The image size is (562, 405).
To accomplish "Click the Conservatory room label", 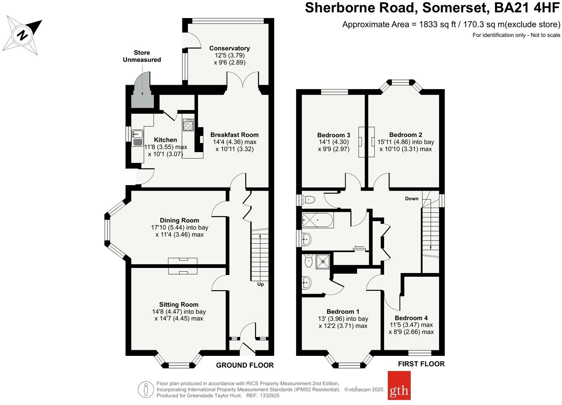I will coord(229,48).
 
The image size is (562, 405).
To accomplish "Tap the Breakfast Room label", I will coord(234,135).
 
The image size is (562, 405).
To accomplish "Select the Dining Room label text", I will coord(179,220).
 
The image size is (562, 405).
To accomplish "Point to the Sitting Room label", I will coord(179,304).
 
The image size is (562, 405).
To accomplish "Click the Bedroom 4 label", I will coord(411,318).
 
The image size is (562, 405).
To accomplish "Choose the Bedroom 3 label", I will coord(333,135).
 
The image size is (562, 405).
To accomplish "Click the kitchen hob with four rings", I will coord(188,124).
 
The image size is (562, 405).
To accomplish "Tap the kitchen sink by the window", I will coord(137,137).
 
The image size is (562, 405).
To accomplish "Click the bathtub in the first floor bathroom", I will coord(317,220).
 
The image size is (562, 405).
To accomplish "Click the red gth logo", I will coord(399,385).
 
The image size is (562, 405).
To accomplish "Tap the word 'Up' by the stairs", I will coord(260,284).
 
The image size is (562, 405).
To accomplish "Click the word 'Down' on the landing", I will coord(411,198).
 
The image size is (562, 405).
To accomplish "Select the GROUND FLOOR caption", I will coord(245,365).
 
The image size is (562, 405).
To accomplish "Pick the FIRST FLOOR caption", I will coord(421,364).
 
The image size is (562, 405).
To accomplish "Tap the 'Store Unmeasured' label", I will coord(142,56).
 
